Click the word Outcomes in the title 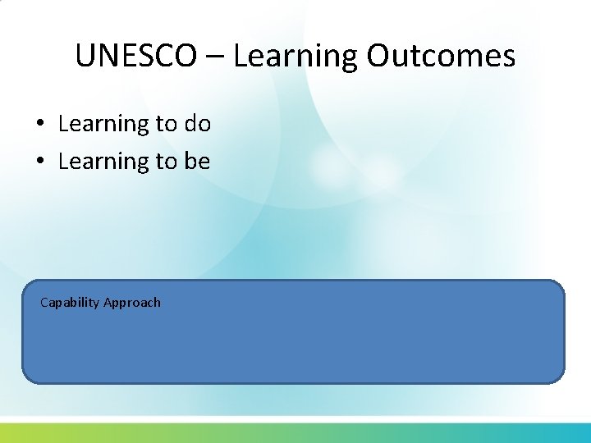point(442,56)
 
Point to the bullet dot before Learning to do point(39,125)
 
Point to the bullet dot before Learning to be point(39,162)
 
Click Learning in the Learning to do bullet point(103,125)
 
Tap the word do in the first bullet point(197,125)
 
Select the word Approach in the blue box point(132,303)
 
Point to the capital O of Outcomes point(379,56)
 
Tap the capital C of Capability point(44,302)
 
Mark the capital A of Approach point(108,302)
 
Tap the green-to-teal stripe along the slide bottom point(295,432)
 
